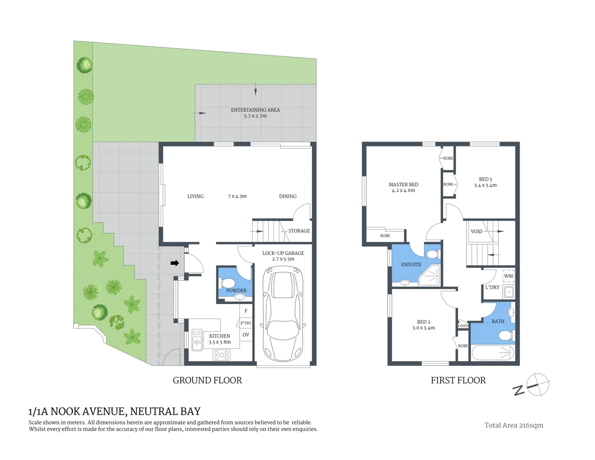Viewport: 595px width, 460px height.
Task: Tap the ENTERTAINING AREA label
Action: tap(255, 110)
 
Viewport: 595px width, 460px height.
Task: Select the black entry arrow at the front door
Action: tap(174, 263)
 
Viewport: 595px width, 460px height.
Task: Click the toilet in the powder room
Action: tap(228, 283)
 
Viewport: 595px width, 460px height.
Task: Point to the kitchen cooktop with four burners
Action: tap(221, 354)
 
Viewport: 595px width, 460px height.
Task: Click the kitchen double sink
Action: tap(197, 340)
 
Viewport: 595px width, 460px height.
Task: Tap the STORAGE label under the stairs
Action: tap(299, 231)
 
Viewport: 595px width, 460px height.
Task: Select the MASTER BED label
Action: tap(403, 184)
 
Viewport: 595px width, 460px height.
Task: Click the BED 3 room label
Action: tap(485, 179)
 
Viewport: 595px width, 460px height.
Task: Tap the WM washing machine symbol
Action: tap(509, 276)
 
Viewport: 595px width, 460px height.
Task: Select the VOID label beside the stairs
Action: tap(476, 232)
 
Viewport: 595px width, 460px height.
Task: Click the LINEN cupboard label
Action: tap(463, 326)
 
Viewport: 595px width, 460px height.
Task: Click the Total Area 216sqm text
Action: tap(514, 425)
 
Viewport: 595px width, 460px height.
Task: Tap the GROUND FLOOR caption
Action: tap(207, 380)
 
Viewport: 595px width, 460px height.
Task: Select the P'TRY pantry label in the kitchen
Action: tap(246, 323)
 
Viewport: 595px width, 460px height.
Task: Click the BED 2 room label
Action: tap(423, 322)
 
